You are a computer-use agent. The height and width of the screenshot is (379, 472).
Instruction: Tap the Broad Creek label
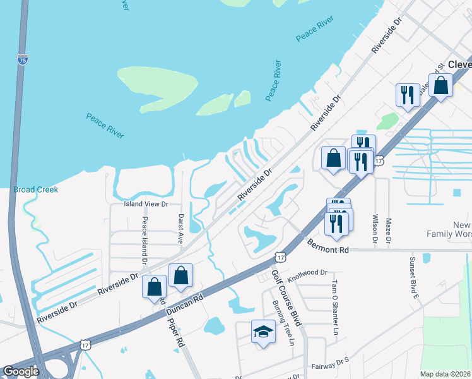pos(35,189)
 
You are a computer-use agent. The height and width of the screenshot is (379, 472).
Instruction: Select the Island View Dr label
pos(146,204)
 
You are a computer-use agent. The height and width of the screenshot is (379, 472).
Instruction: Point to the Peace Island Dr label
pos(145,241)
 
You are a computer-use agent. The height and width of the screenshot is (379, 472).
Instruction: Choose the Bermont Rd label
pos(328,246)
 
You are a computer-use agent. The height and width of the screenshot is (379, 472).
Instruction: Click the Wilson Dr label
pos(375,229)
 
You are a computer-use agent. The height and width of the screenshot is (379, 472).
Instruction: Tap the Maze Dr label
pos(389,231)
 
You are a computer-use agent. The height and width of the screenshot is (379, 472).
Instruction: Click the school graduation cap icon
pos(263,331)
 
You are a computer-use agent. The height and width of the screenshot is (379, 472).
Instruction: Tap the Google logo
pos(21,372)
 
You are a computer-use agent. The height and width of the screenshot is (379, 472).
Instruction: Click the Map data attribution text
pos(445,374)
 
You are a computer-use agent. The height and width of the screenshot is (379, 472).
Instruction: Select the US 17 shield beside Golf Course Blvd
pos(280,256)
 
